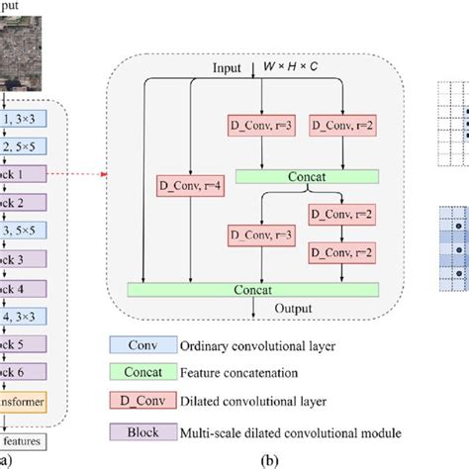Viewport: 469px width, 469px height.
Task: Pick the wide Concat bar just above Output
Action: [x=253, y=288]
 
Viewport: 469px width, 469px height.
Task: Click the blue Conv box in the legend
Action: [x=141, y=345]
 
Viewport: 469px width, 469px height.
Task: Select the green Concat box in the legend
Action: [x=141, y=373]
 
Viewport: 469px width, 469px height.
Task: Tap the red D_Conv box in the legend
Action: [x=141, y=401]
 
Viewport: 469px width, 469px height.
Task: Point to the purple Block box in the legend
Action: [x=141, y=430]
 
